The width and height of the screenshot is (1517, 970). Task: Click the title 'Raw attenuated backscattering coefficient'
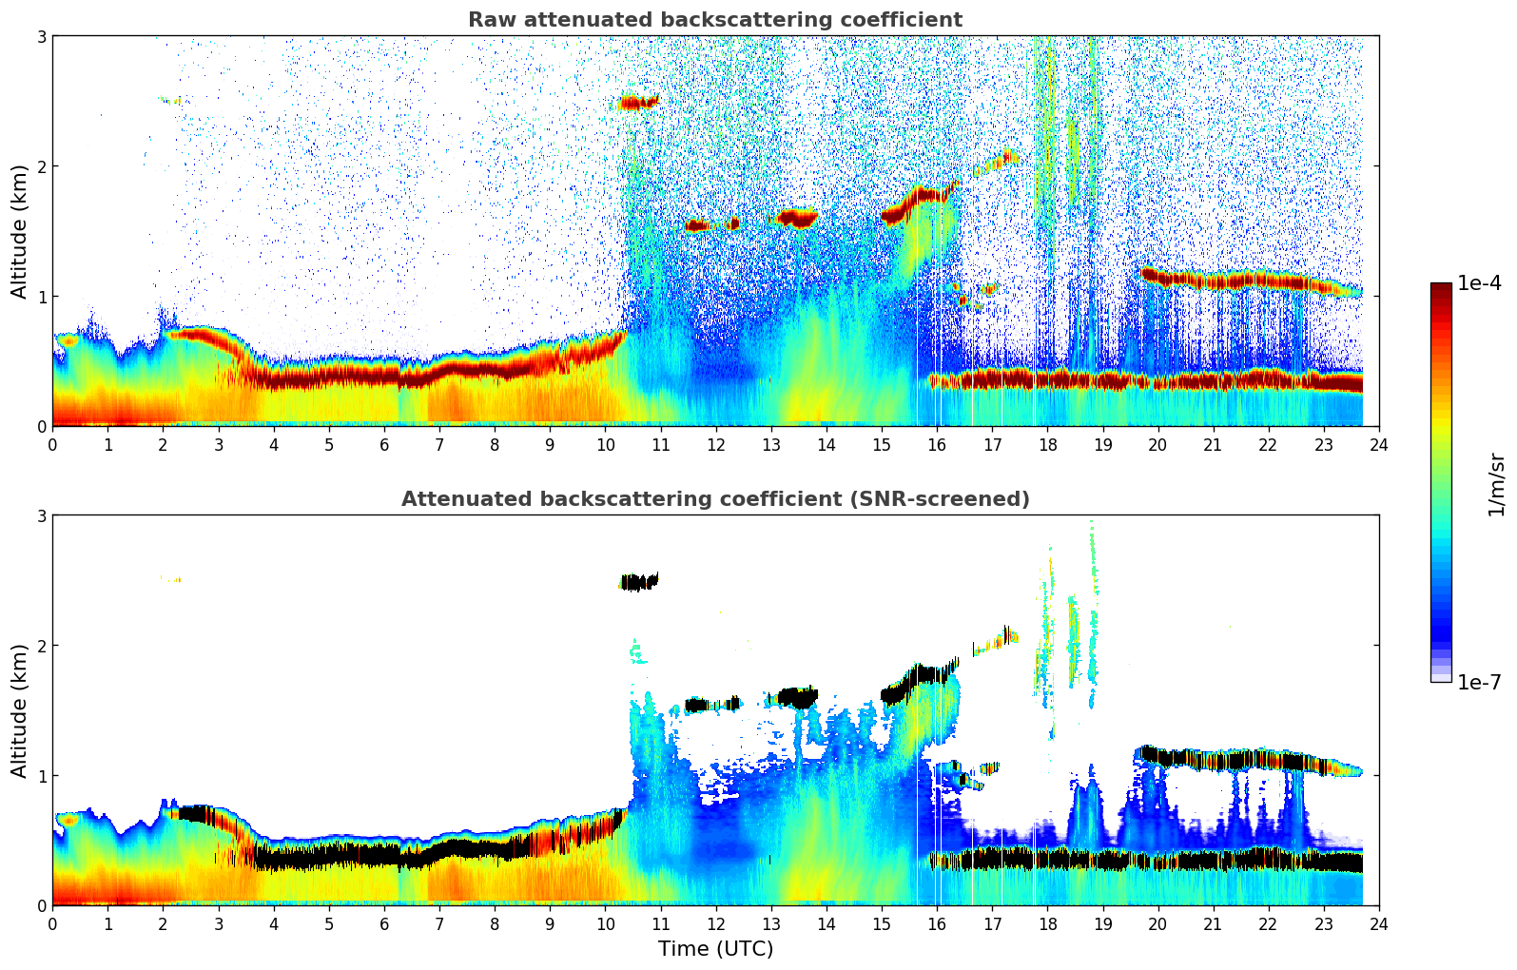pyautogui.click(x=714, y=20)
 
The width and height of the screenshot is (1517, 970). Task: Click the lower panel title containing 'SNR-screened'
pyautogui.click(x=714, y=499)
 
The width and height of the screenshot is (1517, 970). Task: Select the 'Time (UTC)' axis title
pyautogui.click(x=715, y=949)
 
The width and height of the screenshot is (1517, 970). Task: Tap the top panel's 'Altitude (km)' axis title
pyautogui.click(x=19, y=231)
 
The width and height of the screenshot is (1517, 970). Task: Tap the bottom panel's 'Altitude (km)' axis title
pyautogui.click(x=19, y=710)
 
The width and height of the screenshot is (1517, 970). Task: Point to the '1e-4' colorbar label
pyautogui.click(x=1479, y=283)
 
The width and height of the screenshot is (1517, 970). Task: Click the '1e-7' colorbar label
pyautogui.click(x=1479, y=683)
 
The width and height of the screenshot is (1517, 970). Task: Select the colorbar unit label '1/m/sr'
pyautogui.click(x=1496, y=484)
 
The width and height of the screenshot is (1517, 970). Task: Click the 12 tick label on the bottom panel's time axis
pyautogui.click(x=715, y=924)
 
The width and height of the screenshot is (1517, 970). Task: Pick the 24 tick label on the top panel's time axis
pyautogui.click(x=1379, y=445)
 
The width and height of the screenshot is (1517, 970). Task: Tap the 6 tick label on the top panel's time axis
pyautogui.click(x=384, y=445)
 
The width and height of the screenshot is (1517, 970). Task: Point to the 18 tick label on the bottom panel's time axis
pyautogui.click(x=1047, y=924)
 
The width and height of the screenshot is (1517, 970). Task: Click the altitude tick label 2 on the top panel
pyautogui.click(x=41, y=166)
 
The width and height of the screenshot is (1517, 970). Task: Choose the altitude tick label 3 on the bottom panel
pyautogui.click(x=41, y=515)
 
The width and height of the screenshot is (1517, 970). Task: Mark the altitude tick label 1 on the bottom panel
pyautogui.click(x=41, y=776)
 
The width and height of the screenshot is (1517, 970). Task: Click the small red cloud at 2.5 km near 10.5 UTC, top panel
pyautogui.click(x=638, y=102)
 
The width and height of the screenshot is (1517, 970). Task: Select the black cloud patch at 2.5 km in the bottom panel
pyautogui.click(x=639, y=582)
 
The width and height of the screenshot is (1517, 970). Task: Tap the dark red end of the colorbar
pyautogui.click(x=1441, y=288)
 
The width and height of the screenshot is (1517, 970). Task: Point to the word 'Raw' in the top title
pyautogui.click(x=488, y=20)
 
